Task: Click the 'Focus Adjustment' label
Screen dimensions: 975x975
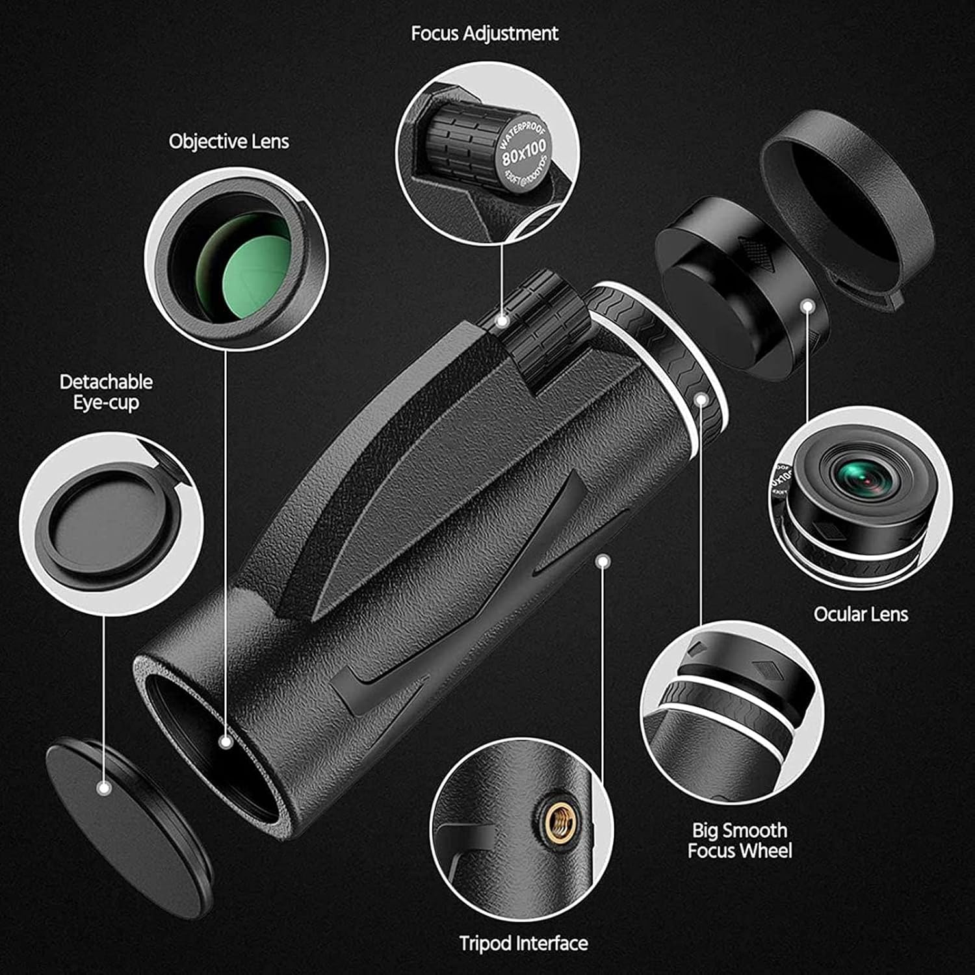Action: tap(484, 34)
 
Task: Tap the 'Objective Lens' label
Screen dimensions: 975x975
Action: tap(229, 142)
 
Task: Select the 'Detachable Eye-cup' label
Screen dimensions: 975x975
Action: tap(106, 392)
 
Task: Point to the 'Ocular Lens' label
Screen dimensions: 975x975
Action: tap(861, 614)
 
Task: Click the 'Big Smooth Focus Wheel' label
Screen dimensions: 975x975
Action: tap(740, 840)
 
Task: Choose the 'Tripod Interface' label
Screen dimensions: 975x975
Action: tap(523, 943)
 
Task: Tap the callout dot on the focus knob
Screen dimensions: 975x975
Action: tap(501, 320)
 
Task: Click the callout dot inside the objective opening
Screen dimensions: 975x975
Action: tap(226, 742)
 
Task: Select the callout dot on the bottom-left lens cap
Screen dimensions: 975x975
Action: tap(103, 789)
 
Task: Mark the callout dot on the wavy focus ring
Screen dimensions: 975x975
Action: tap(701, 398)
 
